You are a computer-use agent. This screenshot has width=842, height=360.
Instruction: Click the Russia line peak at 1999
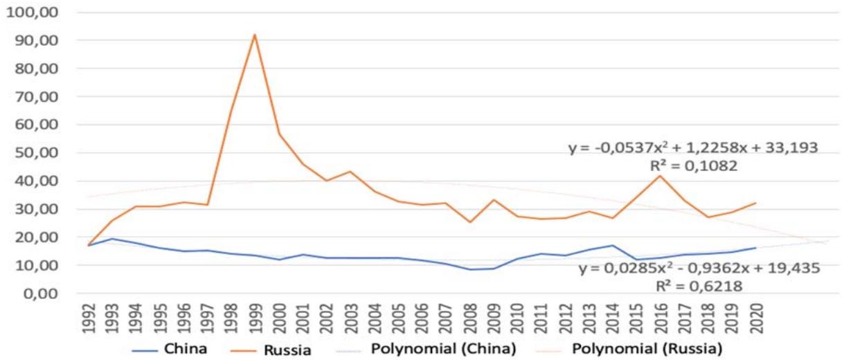(255, 35)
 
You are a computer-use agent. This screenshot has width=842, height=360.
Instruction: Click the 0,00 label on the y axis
(40, 294)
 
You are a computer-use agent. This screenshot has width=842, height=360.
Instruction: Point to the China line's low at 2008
(470, 269)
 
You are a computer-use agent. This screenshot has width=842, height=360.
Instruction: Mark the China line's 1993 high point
(111, 239)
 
